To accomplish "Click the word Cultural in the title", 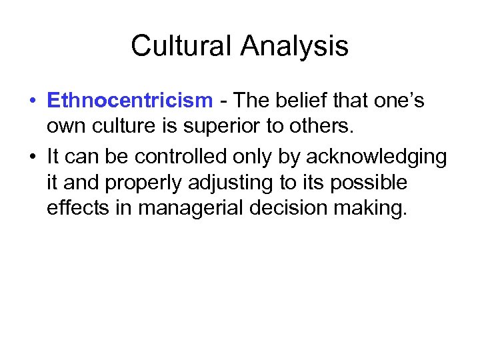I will pyautogui.click(x=181, y=46).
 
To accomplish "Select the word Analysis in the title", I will pyautogui.click(x=295, y=46).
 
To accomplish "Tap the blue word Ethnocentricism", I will pyautogui.click(x=129, y=101).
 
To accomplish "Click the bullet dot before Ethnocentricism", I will pyautogui.click(x=32, y=101).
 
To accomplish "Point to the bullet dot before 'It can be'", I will pyautogui.click(x=32, y=156).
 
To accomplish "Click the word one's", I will pyautogui.click(x=401, y=101).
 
